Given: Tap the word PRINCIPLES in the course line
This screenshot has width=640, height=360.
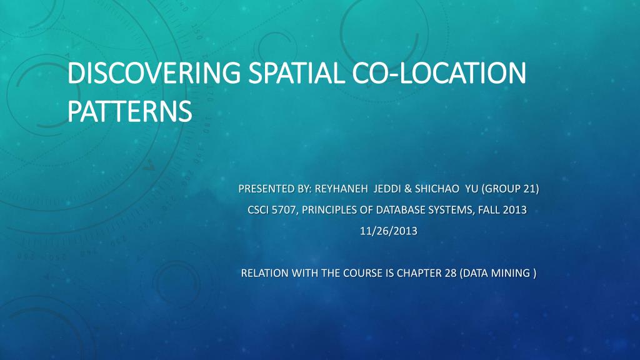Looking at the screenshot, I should (x=327, y=210).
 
